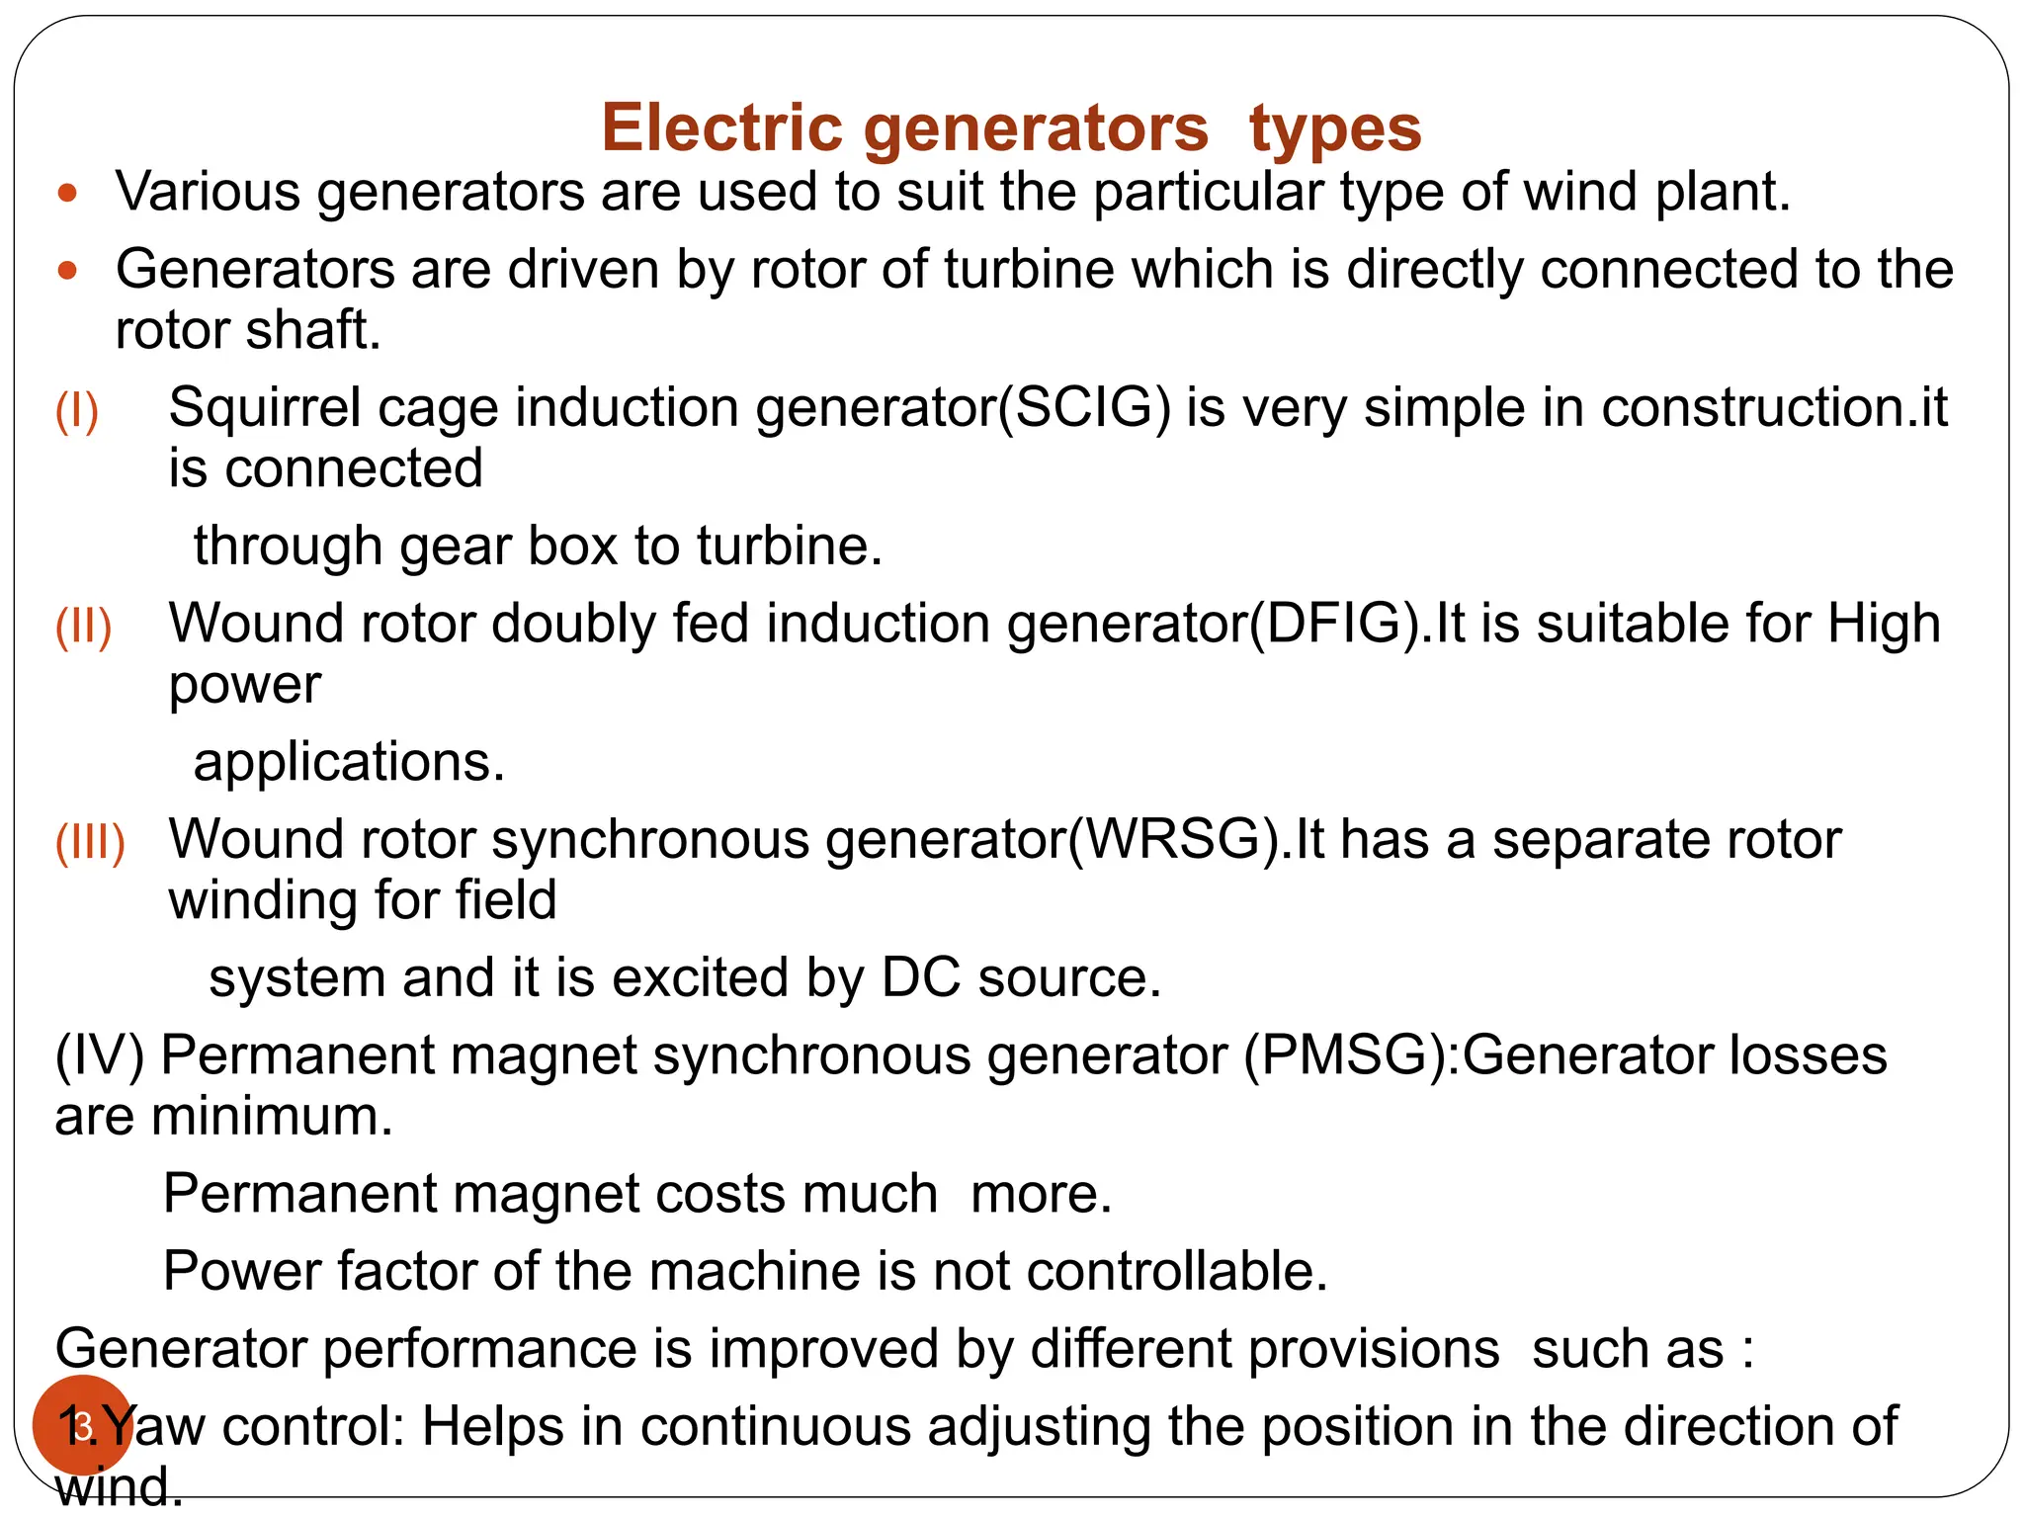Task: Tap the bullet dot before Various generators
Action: coord(67,193)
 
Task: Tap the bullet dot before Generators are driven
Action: coord(67,271)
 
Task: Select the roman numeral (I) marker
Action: coord(77,410)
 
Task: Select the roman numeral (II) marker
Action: coord(83,627)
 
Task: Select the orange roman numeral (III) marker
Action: coord(90,842)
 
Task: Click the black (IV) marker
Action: coord(99,1055)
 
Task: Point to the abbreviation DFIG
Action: coord(1336,625)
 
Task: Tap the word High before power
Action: coord(1883,625)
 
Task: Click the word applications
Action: coord(348,762)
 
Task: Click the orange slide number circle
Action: coord(81,1425)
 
